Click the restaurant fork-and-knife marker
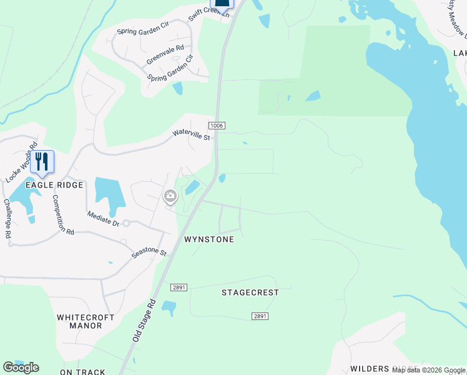tap(42, 162)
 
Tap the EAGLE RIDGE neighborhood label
tap(54, 185)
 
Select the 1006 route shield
tap(216, 126)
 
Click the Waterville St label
tap(191, 134)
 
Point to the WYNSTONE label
tap(209, 239)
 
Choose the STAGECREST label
tap(250, 292)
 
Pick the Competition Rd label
tap(63, 214)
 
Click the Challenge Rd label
tap(7, 218)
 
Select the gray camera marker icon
tap(170, 197)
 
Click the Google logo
tap(21, 367)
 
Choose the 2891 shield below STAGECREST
tap(260, 317)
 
